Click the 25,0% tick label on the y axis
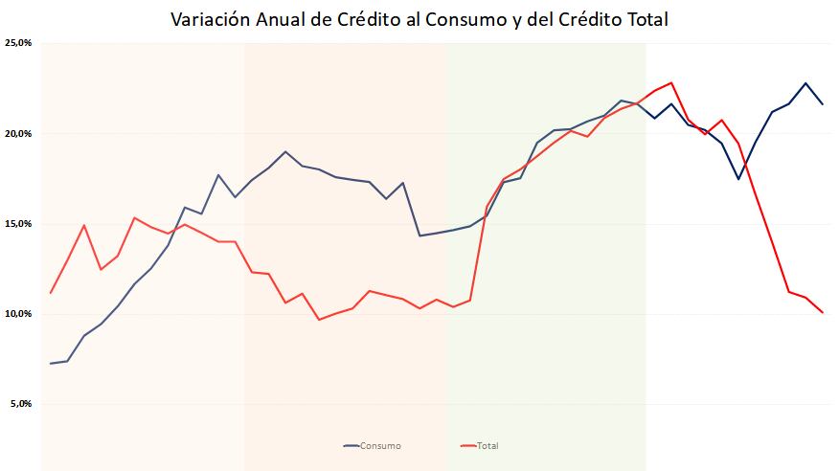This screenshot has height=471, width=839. click(x=18, y=43)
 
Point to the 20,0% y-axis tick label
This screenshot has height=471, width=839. click(x=18, y=133)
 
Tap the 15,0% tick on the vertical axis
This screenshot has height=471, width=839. click(x=18, y=223)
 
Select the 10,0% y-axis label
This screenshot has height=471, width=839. click(x=18, y=314)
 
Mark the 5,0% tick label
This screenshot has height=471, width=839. click(x=21, y=404)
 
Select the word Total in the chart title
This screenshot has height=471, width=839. click(x=643, y=19)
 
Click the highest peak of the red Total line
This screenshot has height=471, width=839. click(x=671, y=83)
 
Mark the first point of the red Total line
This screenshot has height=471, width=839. click(x=51, y=293)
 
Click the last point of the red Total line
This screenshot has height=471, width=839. click(x=823, y=312)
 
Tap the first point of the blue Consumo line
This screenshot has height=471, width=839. click(x=51, y=364)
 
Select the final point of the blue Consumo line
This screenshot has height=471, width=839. click(x=823, y=103)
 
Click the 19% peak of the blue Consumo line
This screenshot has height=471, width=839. click(x=285, y=151)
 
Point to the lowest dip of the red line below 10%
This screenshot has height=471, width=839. click(x=319, y=319)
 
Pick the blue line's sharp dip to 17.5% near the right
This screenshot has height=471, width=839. click(x=738, y=179)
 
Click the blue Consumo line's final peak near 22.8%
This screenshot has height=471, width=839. click(x=805, y=83)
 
